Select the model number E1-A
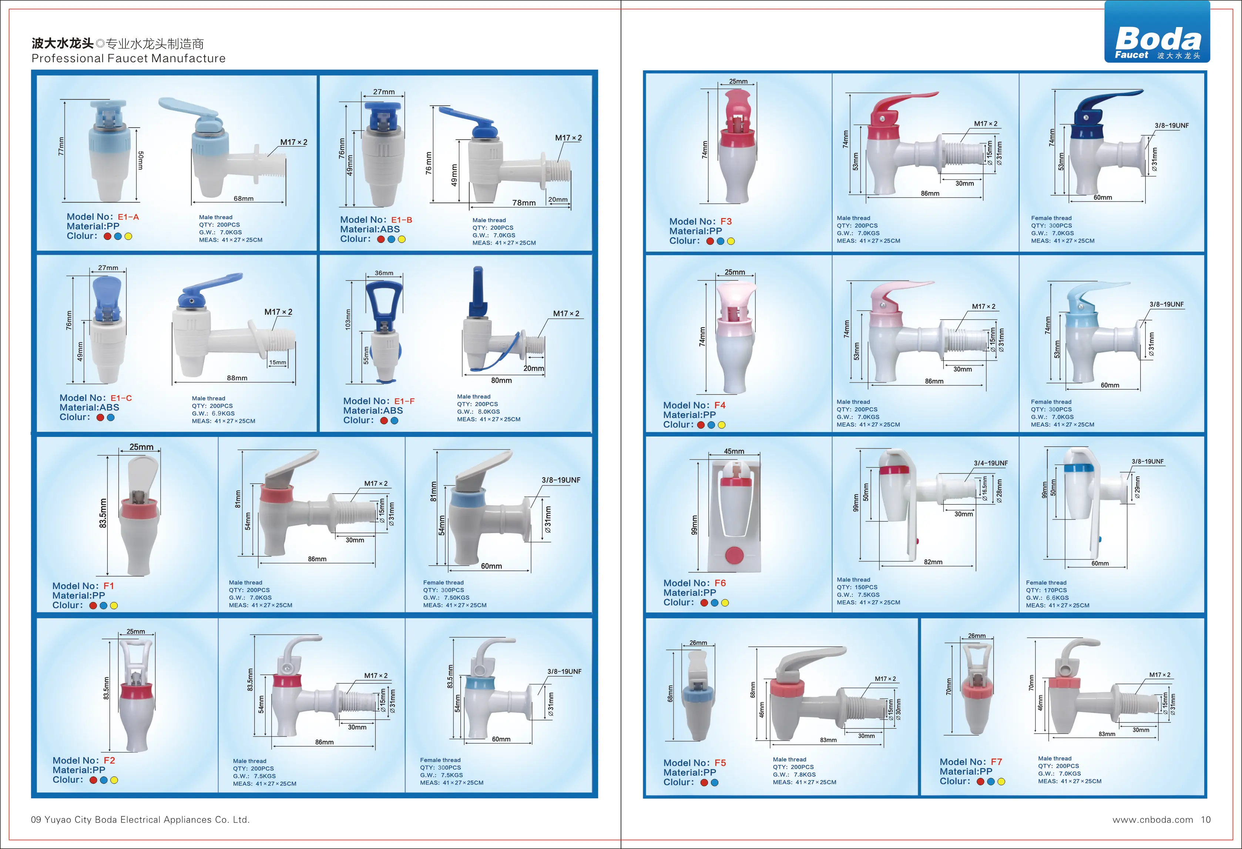[x=128, y=217]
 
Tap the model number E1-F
[x=404, y=401]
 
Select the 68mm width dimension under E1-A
[x=244, y=199]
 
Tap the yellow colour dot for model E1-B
[x=402, y=240]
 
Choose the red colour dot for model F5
[x=704, y=783]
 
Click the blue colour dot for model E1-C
[x=111, y=418]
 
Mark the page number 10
[x=1206, y=820]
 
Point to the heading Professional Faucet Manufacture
[x=128, y=58]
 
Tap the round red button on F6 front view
[x=734, y=555]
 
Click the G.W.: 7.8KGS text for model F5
[x=794, y=775]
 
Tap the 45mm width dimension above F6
[x=734, y=452]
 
